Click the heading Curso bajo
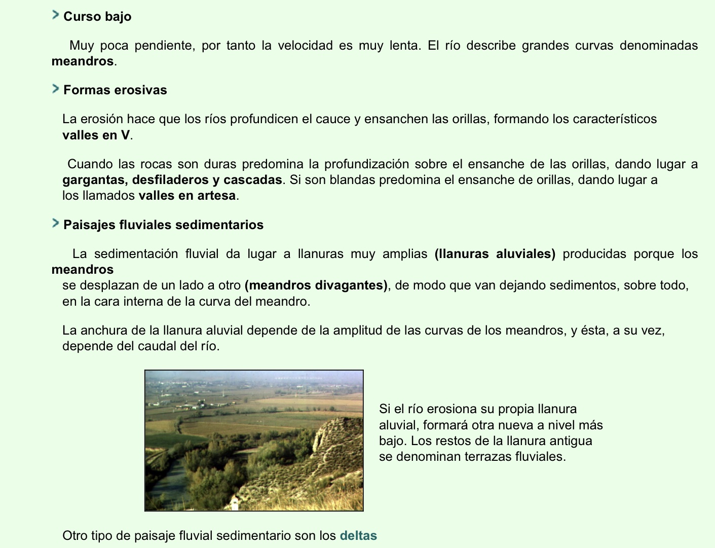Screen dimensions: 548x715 click(x=97, y=17)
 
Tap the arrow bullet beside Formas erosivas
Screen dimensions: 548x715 click(x=56, y=89)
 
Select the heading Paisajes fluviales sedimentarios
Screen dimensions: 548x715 click(x=163, y=225)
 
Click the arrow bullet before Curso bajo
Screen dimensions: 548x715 click(x=56, y=15)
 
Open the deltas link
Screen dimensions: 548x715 click(x=358, y=536)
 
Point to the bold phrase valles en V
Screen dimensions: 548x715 click(x=96, y=135)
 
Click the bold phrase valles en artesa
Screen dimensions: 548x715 click(x=187, y=196)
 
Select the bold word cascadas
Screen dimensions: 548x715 click(x=252, y=180)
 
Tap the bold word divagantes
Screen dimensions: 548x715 click(x=351, y=285)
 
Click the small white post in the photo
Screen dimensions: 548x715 click(x=234, y=503)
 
